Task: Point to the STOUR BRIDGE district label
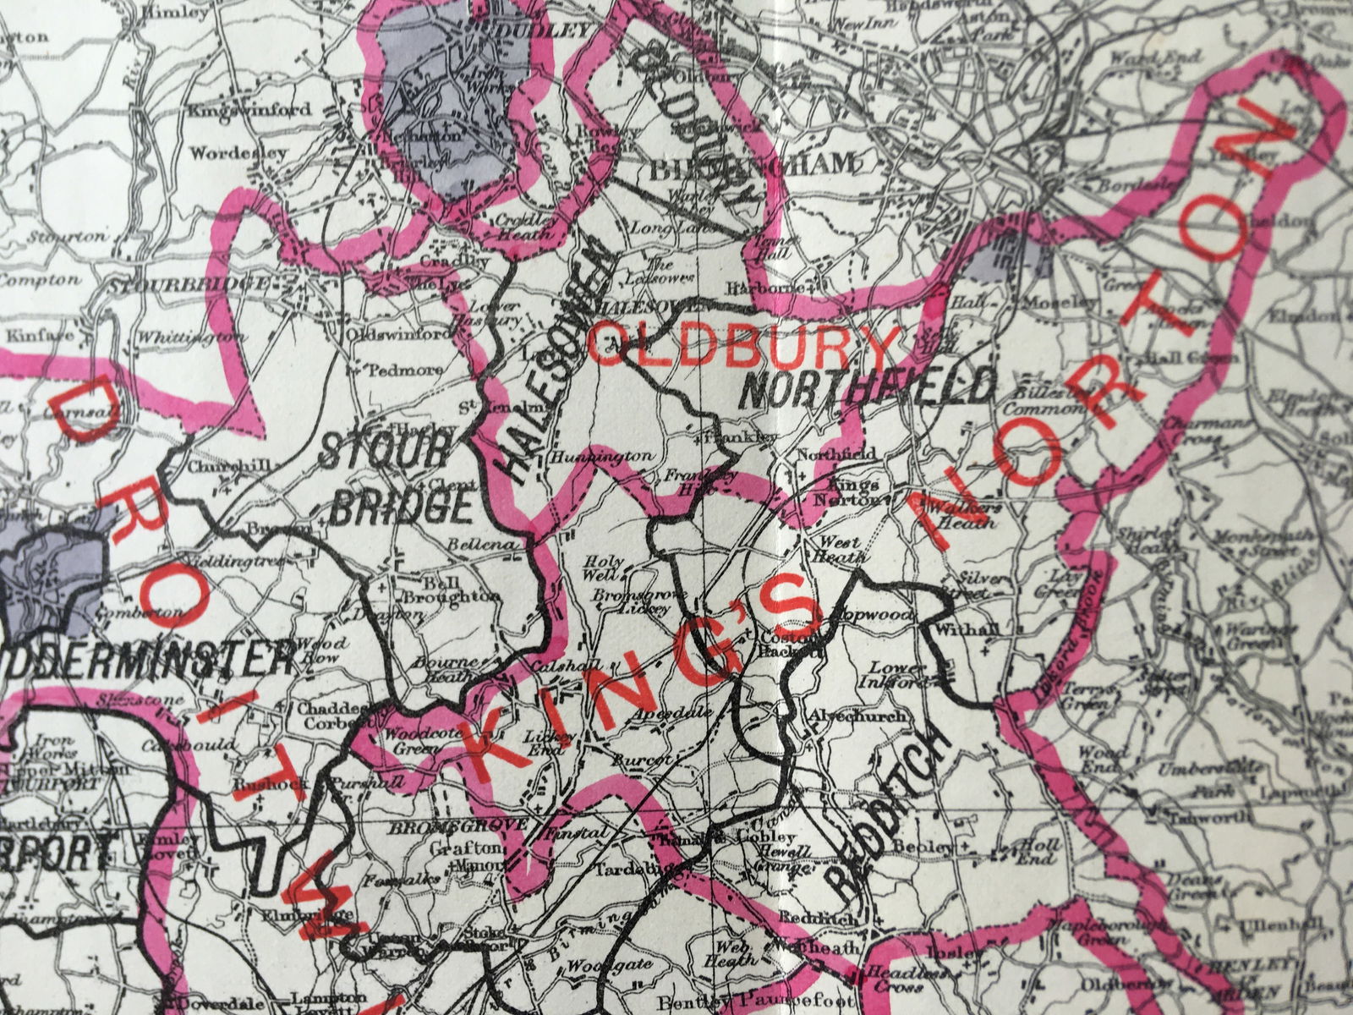397,482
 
